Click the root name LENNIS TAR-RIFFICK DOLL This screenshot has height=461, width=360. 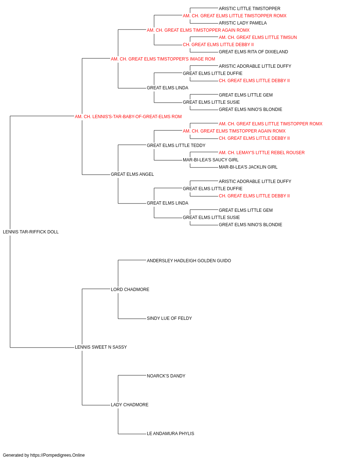click(x=31, y=232)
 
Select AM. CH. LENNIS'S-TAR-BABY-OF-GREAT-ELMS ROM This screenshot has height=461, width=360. click(x=128, y=117)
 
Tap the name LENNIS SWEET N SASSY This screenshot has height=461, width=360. click(x=101, y=347)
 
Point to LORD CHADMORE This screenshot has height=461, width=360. click(x=130, y=290)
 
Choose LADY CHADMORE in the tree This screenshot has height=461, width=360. click(x=130, y=405)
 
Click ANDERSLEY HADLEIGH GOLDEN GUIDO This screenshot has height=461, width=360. click(x=189, y=261)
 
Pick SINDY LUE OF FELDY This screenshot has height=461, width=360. click(x=170, y=318)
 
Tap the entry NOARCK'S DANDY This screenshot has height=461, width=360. click(x=166, y=376)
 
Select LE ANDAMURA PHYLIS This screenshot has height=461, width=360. click(x=170, y=434)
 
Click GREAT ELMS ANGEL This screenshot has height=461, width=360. click(x=132, y=174)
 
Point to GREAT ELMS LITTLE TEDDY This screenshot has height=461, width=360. click(x=176, y=146)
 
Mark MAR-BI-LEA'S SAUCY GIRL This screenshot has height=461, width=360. click(x=211, y=160)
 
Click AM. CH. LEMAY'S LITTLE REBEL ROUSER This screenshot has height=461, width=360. click(x=262, y=153)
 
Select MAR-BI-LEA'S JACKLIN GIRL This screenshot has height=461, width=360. click(x=248, y=167)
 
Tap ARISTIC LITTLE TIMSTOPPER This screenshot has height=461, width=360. click(x=249, y=9)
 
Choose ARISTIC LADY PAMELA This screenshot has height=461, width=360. click(x=243, y=23)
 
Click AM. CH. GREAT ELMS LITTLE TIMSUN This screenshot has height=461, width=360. click(x=258, y=37)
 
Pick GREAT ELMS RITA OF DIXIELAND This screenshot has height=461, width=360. click(x=253, y=52)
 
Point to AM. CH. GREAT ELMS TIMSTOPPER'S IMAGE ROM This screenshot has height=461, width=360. click(x=163, y=59)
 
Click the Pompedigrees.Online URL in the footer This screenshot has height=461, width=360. click(x=58, y=455)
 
